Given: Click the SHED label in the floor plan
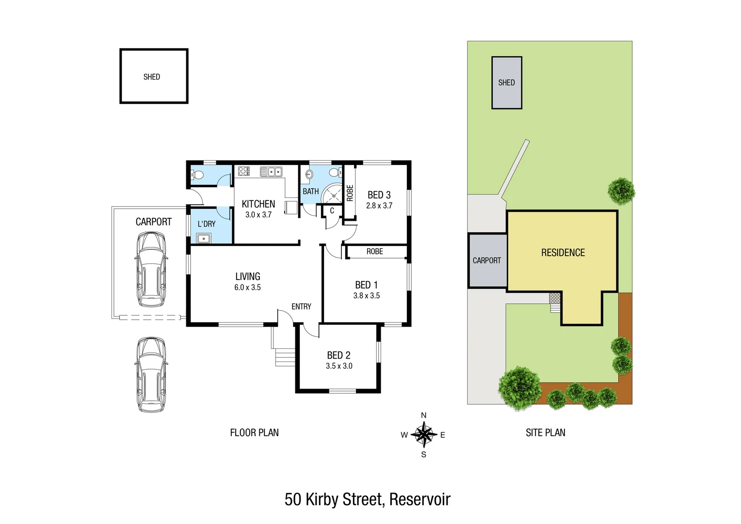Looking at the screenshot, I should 152,77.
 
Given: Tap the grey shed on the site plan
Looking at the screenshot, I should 507,83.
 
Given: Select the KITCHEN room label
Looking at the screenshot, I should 258,204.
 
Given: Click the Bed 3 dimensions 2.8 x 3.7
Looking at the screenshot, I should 379,206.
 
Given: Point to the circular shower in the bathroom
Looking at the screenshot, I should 333,194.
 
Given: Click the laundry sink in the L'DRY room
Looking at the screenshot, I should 204,238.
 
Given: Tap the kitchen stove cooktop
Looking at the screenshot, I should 244,171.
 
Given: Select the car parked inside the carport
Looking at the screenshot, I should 151,269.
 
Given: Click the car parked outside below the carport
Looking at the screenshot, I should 151,374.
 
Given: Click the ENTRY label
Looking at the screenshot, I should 301,307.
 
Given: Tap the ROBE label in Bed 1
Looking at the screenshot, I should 375,251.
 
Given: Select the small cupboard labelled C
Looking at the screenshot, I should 332,211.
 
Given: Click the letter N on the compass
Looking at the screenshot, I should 424,415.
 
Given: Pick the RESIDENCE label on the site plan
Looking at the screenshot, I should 563,253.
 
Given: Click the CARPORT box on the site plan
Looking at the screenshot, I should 487,261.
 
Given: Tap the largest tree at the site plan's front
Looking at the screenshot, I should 520,387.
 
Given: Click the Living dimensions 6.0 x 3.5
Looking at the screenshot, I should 247,288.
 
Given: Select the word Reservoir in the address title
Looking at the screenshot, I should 420,499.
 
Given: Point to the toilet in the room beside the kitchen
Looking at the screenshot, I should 198,175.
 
